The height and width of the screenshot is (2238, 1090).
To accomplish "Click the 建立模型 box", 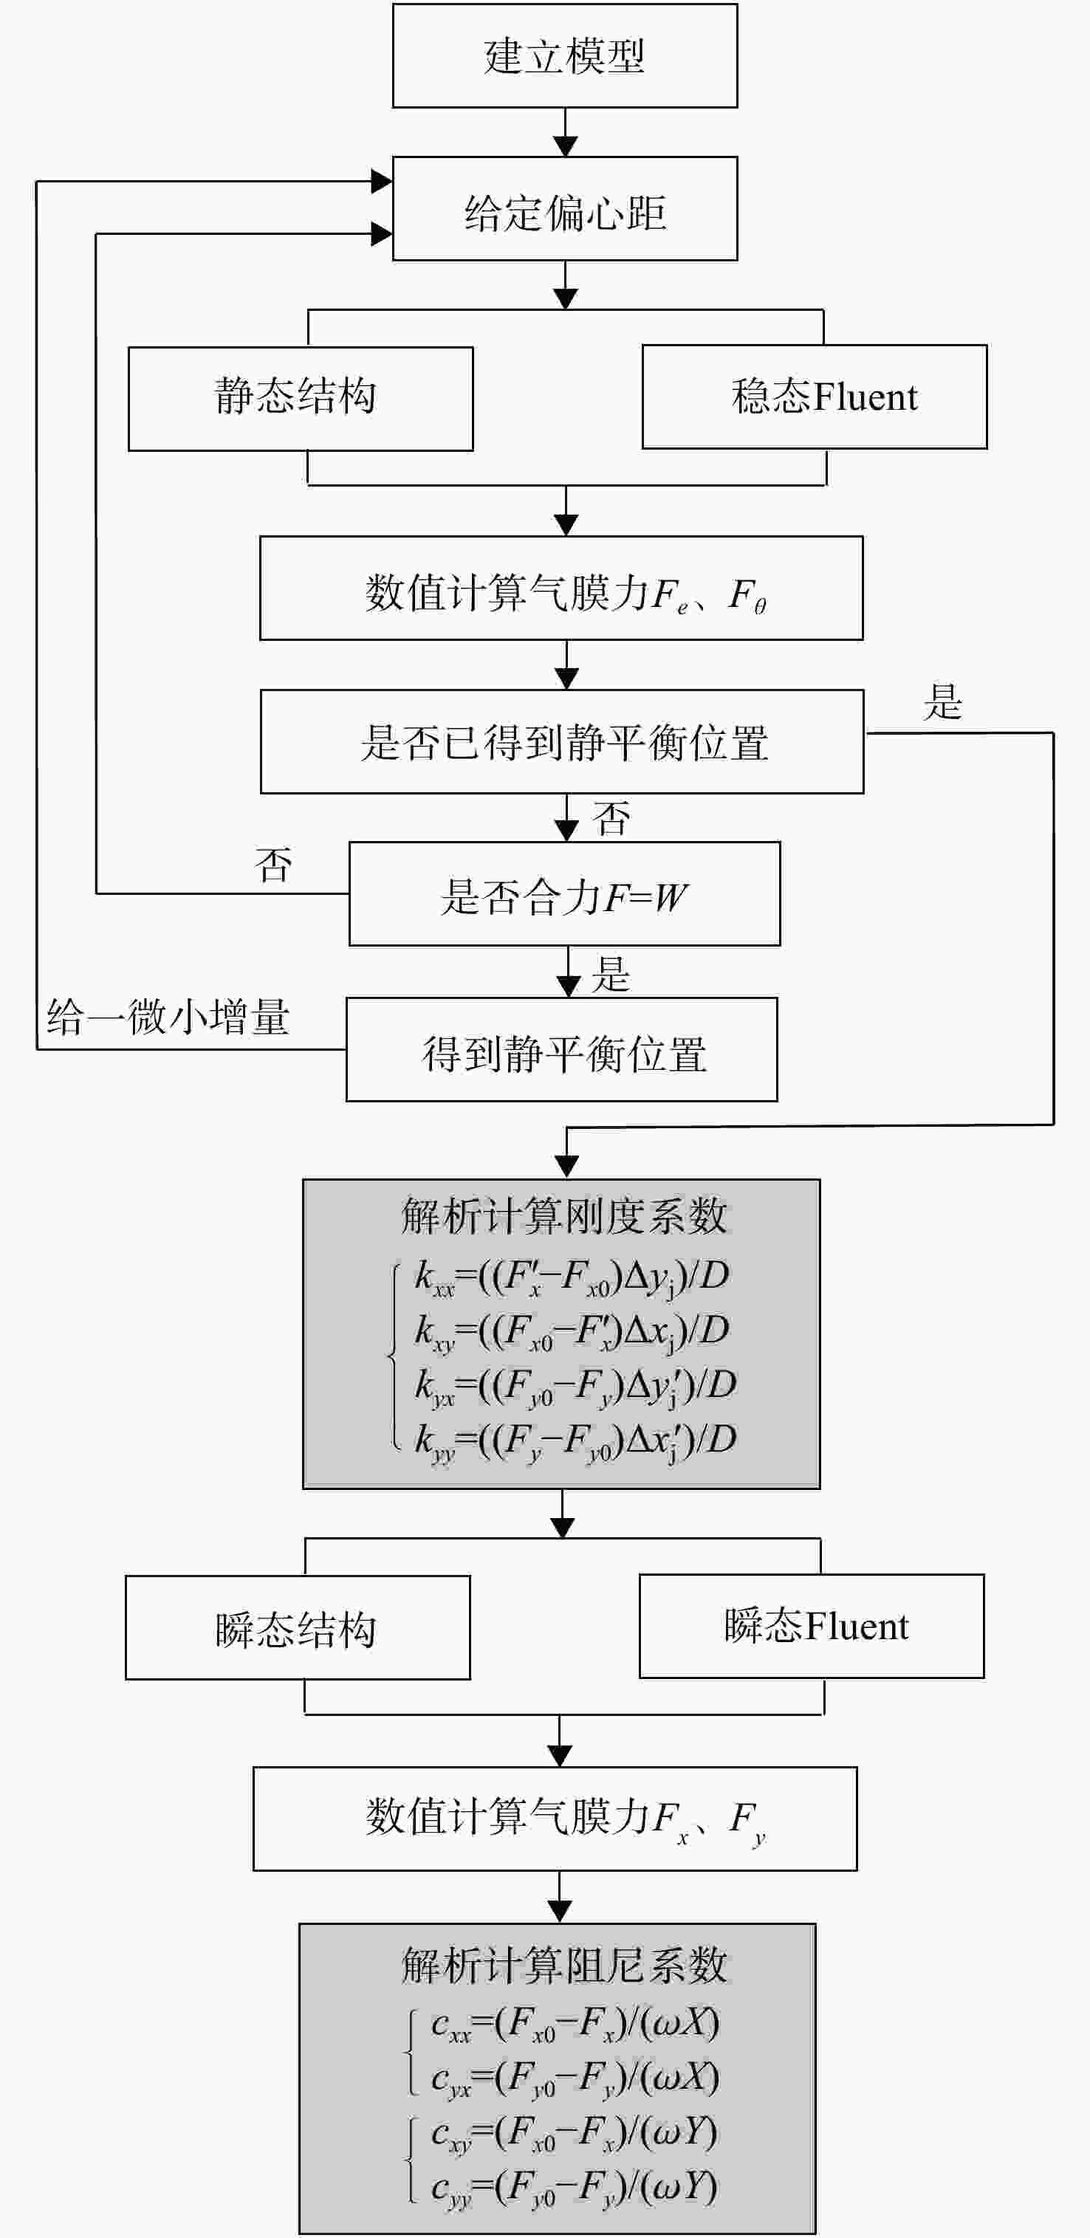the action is click(x=565, y=55).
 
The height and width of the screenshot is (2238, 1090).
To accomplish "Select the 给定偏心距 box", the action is click(x=565, y=208).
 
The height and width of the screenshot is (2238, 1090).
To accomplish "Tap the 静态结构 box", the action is click(x=301, y=399).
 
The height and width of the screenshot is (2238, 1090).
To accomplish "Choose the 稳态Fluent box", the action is click(x=815, y=397).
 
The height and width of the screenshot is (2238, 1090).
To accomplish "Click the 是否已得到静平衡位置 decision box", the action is click(x=561, y=741).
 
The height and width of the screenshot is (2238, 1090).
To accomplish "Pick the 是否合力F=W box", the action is click(x=565, y=893).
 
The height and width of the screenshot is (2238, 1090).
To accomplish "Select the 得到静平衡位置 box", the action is click(x=561, y=1049).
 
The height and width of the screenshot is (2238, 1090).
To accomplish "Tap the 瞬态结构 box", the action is click(x=298, y=1627).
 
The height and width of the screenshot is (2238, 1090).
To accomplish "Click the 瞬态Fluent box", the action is click(x=812, y=1625).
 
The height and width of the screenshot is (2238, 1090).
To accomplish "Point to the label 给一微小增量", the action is click(x=168, y=1017).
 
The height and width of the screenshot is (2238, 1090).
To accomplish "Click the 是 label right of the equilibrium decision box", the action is click(x=942, y=702).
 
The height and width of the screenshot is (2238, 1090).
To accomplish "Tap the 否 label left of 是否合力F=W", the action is click(x=273, y=865).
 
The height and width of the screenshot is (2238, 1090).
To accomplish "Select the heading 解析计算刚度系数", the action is click(x=563, y=1215).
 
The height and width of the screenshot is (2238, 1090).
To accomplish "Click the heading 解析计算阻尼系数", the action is click(x=563, y=1966).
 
